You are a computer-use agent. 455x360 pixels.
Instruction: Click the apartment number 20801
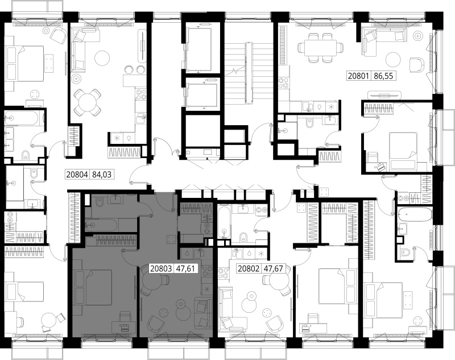[x=358, y=76]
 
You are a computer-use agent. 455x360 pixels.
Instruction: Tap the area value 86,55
[x=383, y=76]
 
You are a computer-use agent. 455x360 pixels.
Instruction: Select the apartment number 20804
[x=77, y=175]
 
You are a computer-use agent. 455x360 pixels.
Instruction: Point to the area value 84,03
[x=102, y=175]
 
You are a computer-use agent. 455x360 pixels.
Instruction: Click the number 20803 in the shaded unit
[x=161, y=268]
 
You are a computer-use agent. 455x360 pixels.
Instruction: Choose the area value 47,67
[x=273, y=268]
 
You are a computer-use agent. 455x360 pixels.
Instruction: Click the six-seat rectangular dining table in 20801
[x=320, y=48]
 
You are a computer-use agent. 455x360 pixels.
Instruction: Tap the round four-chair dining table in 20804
[x=87, y=102]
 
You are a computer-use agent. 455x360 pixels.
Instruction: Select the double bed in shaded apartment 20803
[x=93, y=287]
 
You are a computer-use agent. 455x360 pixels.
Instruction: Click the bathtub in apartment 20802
[x=224, y=222]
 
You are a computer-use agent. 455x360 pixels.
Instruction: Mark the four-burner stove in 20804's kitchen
[x=140, y=94]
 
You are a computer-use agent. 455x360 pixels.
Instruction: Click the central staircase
[x=249, y=74]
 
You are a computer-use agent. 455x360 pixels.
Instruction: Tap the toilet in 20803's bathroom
[x=99, y=202]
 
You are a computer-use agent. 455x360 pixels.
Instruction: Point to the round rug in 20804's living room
[x=102, y=59]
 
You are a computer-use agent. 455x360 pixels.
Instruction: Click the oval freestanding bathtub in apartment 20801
[x=415, y=214]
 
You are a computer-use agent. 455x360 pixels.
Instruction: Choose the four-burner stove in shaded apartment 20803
[x=207, y=272]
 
